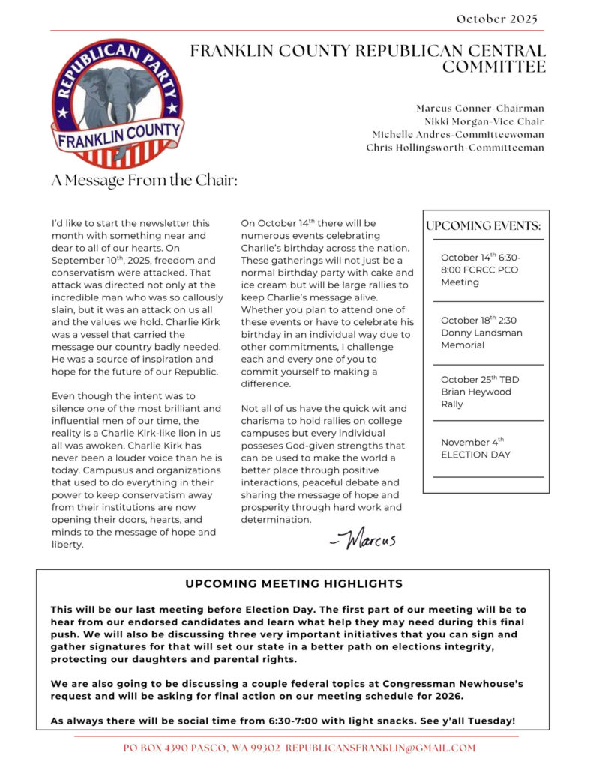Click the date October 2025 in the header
click(x=496, y=19)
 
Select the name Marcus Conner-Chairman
click(x=480, y=109)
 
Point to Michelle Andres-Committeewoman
click(x=458, y=135)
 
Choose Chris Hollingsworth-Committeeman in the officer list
click(x=455, y=148)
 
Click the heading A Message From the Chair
click(x=144, y=181)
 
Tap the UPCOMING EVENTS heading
click(x=483, y=225)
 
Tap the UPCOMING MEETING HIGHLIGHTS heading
click(x=294, y=583)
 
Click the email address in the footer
click(x=381, y=748)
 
